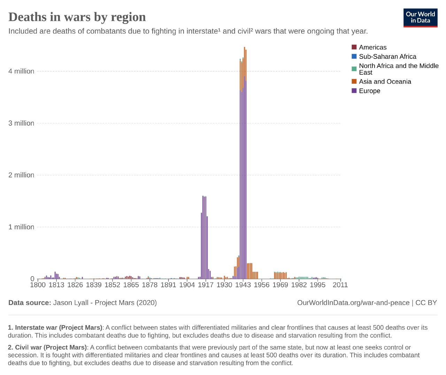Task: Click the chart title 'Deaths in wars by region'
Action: (x=77, y=17)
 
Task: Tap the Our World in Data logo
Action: (x=420, y=17)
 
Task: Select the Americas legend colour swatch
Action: (x=354, y=47)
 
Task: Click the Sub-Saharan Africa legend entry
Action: (x=387, y=56)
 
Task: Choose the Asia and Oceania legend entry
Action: (x=385, y=82)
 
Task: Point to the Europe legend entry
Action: (x=369, y=91)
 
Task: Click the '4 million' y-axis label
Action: (x=21, y=71)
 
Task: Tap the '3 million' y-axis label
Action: (x=21, y=123)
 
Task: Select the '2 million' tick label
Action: (x=21, y=175)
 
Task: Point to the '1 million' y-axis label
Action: (x=21, y=227)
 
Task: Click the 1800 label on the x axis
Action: (x=38, y=285)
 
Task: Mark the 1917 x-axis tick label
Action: (x=206, y=285)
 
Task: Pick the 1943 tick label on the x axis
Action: (x=243, y=285)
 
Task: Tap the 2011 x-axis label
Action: (x=340, y=285)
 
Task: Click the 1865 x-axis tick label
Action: (x=131, y=285)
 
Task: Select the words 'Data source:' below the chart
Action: (x=30, y=303)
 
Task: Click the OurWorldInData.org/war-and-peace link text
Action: (x=353, y=303)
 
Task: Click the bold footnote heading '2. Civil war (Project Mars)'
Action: (x=47, y=347)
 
